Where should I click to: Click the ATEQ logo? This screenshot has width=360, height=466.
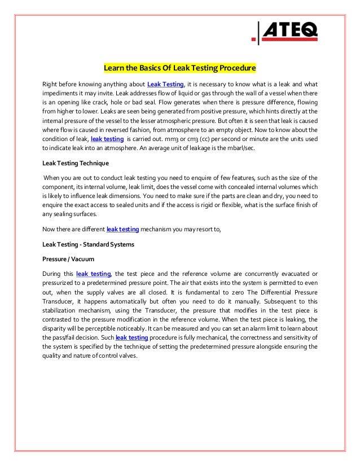286,32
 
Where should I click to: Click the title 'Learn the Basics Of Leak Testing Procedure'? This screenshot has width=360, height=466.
179,69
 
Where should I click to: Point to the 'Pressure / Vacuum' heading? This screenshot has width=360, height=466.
64,259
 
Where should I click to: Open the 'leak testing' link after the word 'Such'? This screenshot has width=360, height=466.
131,337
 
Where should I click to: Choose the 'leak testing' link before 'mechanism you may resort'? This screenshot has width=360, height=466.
124,228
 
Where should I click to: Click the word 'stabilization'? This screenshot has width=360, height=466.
60,310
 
